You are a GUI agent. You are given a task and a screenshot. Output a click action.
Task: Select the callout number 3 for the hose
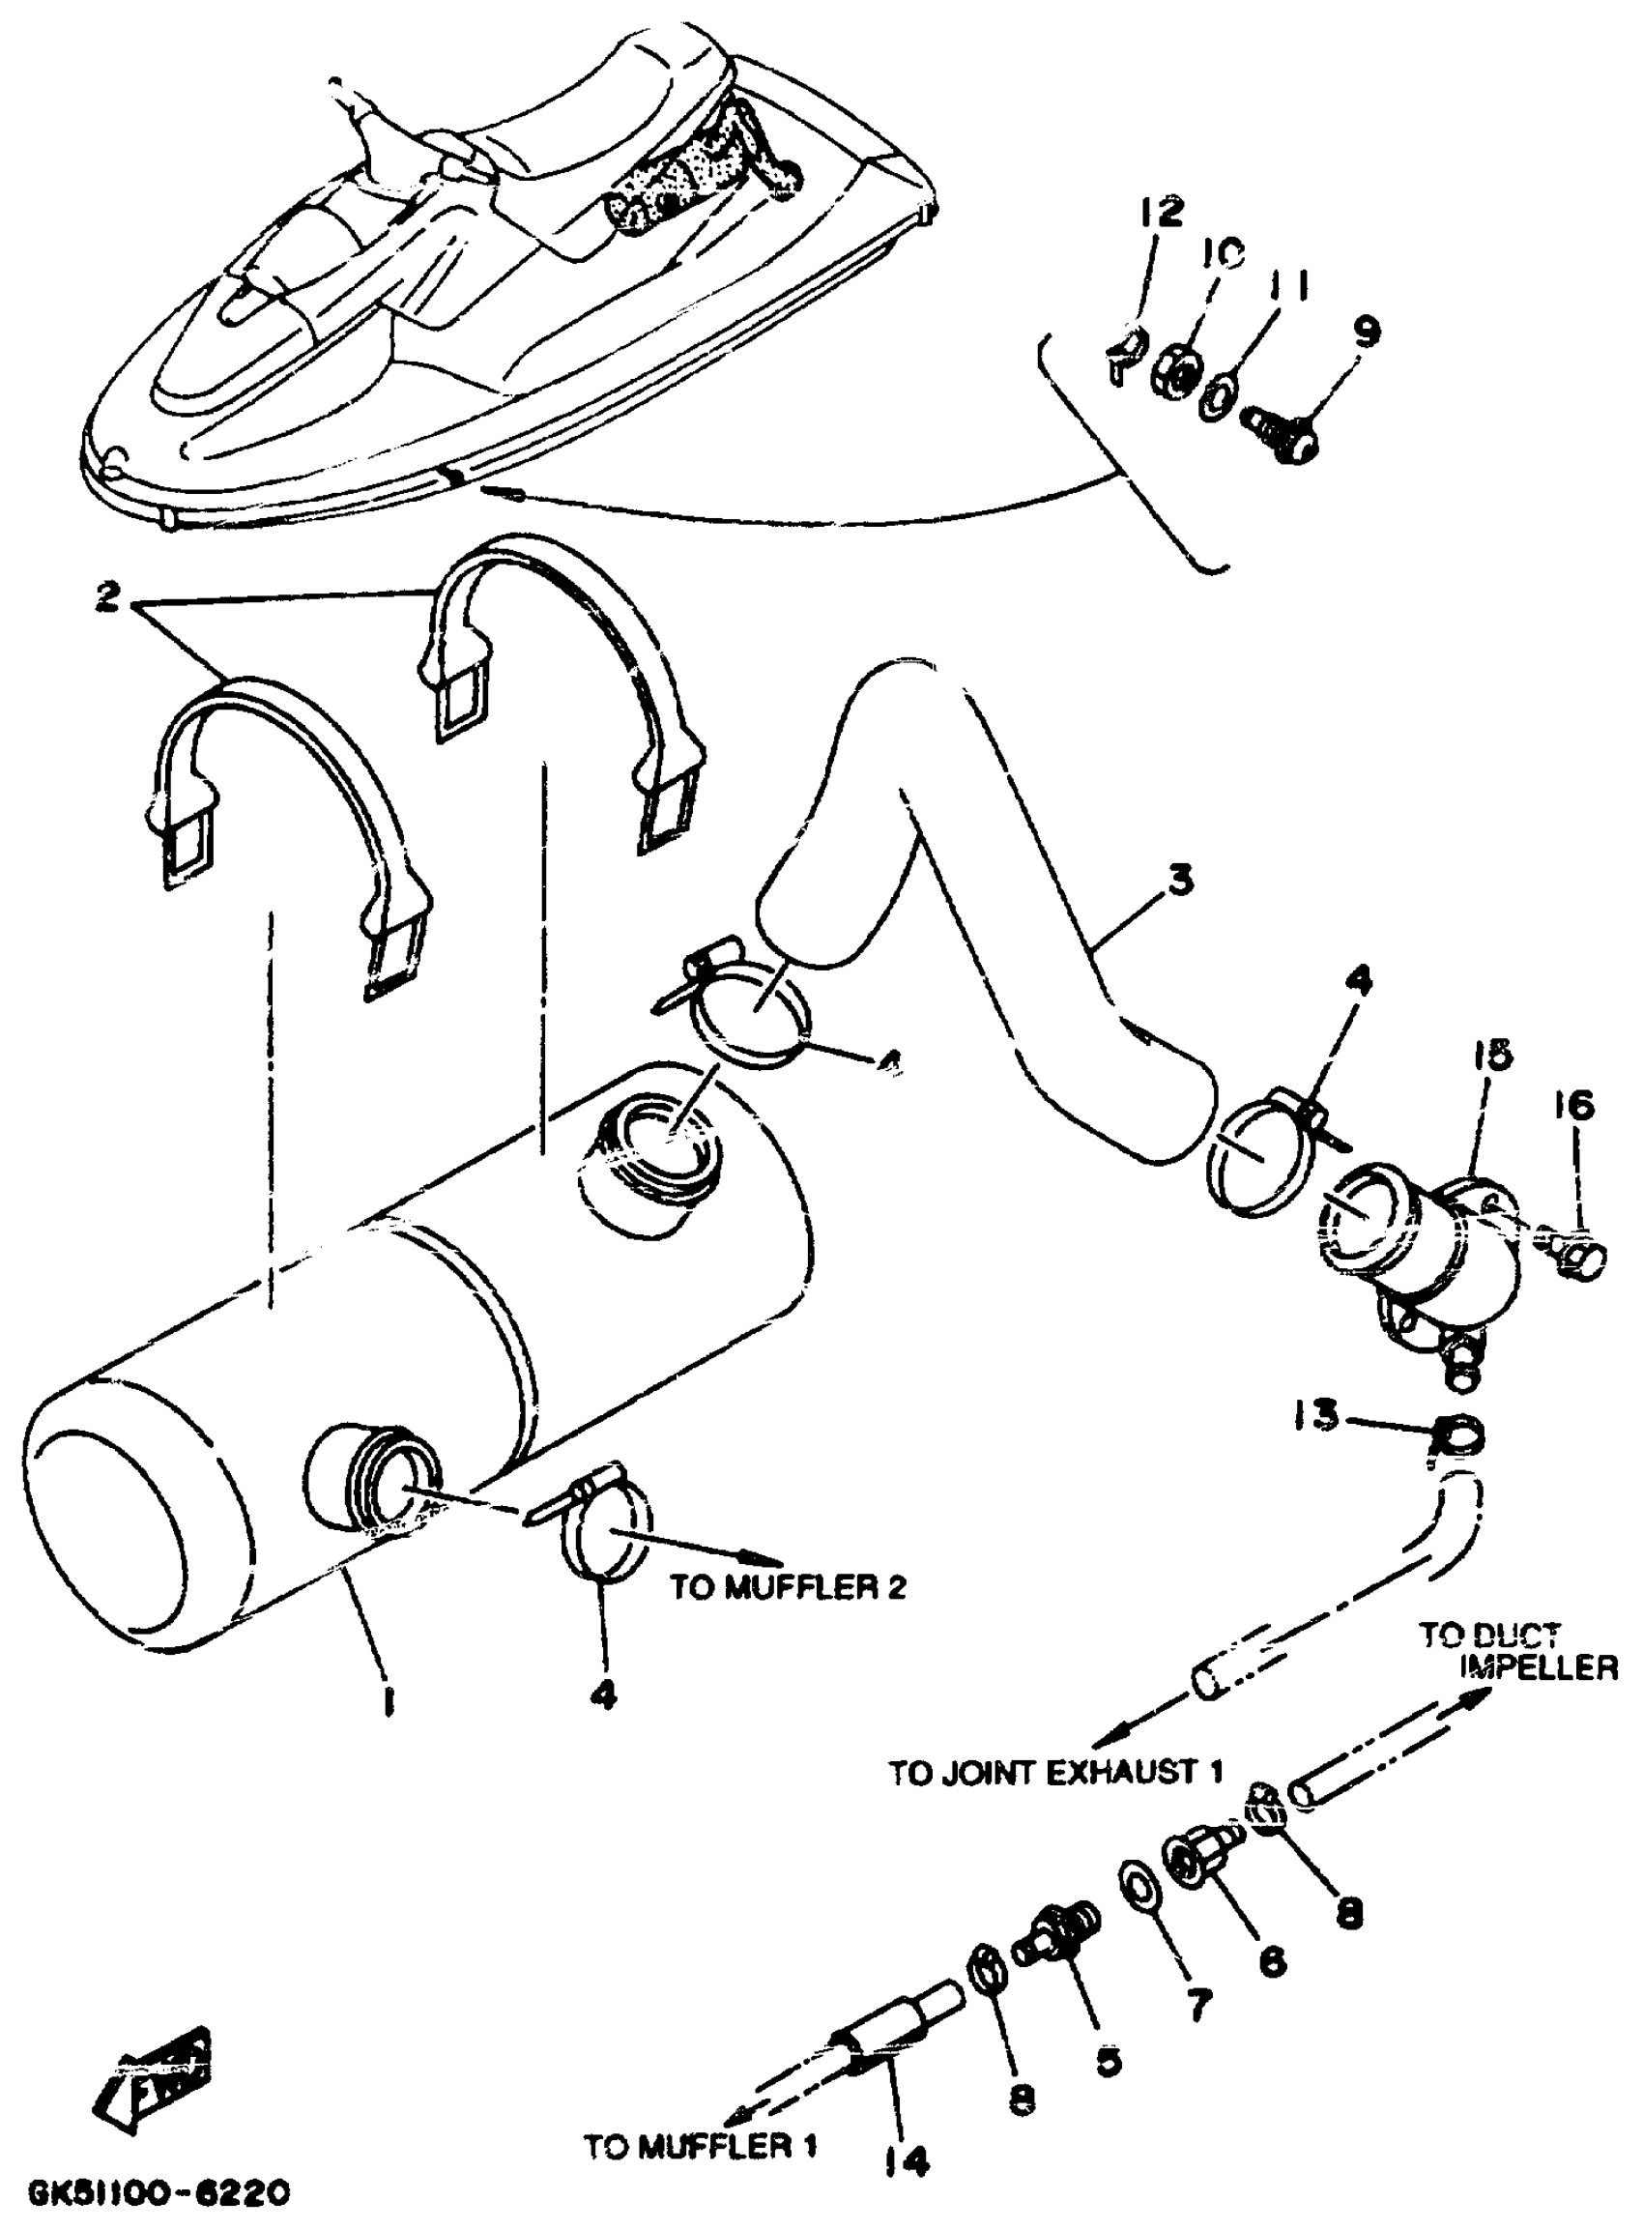click(1179, 881)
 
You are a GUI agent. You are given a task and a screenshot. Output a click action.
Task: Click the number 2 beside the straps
click(108, 597)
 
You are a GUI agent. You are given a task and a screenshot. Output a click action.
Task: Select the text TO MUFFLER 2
click(789, 1586)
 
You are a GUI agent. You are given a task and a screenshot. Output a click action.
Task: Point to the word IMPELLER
click(1538, 1667)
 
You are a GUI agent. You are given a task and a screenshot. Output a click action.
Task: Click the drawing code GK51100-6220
click(159, 2188)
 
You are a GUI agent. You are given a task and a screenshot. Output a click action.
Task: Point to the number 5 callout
click(1107, 2058)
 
